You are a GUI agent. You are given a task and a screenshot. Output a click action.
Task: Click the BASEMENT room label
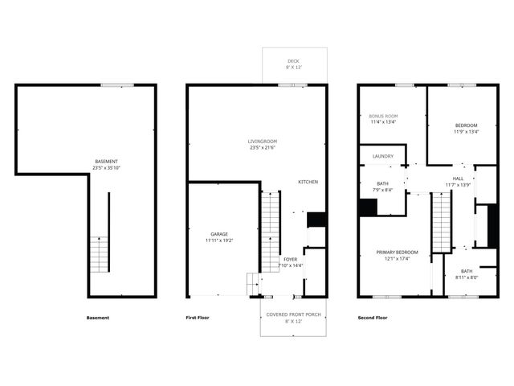pyautogui.click(x=106, y=163)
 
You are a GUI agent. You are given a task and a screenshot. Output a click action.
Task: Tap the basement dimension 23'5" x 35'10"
pyautogui.click(x=106, y=169)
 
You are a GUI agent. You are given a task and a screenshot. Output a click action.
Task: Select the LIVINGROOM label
pyautogui.click(x=262, y=142)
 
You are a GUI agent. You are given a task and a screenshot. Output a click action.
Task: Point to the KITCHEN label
pyautogui.click(x=308, y=182)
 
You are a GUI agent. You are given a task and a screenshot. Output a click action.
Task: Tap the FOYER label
pyautogui.click(x=291, y=259)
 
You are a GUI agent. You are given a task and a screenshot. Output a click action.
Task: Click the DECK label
pyautogui.click(x=294, y=61)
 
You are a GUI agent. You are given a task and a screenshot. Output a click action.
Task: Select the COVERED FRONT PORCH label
pyautogui.click(x=294, y=314)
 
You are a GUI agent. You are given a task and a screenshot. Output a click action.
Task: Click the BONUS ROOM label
pyautogui.click(x=383, y=117)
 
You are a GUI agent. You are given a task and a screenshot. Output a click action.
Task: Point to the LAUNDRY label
pyautogui.click(x=382, y=157)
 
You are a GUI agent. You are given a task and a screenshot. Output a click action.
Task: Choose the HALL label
pyautogui.click(x=458, y=179)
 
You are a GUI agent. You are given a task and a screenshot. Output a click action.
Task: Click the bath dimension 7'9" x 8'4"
pyautogui.click(x=383, y=190)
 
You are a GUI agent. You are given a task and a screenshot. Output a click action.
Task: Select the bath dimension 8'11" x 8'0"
pyautogui.click(x=467, y=277)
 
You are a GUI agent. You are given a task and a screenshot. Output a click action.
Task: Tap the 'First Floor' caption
pyautogui.click(x=197, y=318)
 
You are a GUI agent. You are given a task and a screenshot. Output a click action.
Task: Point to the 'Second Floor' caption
pyautogui.click(x=372, y=318)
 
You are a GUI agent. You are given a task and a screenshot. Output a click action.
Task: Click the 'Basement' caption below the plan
pyautogui.click(x=97, y=318)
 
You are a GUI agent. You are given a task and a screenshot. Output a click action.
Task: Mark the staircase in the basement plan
pyautogui.click(x=98, y=254)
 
